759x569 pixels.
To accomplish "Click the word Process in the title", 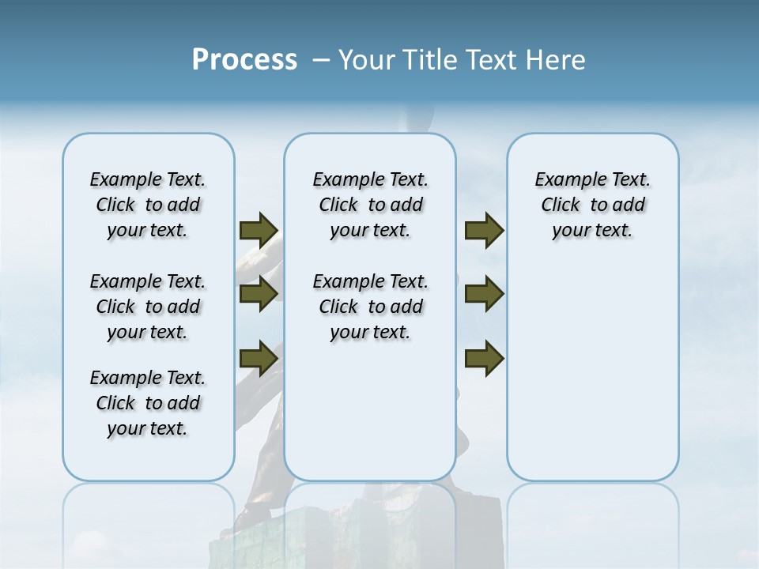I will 244,60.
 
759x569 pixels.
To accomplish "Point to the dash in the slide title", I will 320,61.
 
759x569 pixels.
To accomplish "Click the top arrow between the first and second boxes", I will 259,231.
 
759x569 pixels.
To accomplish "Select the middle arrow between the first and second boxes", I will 259,294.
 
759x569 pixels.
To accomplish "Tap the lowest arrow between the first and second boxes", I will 259,358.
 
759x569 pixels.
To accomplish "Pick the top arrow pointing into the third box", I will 484,231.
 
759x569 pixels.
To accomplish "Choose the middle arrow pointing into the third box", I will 484,294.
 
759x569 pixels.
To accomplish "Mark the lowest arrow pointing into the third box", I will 484,358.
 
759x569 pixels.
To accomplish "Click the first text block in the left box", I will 148,205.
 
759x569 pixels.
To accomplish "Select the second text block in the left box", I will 148,307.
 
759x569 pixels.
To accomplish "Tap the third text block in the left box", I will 148,403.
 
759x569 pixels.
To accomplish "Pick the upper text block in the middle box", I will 370,205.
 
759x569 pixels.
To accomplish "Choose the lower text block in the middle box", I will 370,307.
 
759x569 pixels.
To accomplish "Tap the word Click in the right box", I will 561,205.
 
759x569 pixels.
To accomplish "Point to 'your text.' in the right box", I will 592,231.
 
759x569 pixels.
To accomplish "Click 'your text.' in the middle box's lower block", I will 370,332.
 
